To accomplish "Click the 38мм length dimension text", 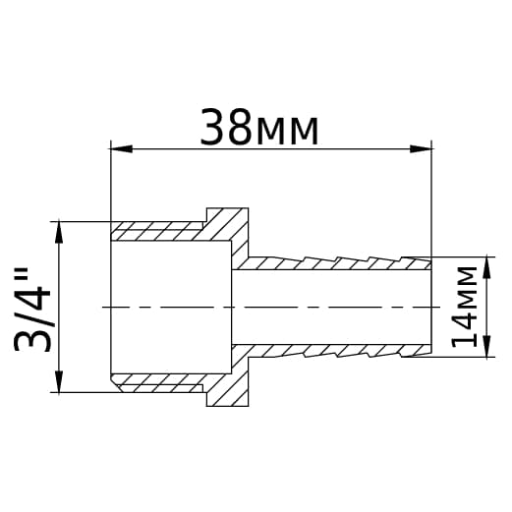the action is (x=259, y=127).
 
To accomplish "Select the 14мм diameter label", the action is (x=465, y=307).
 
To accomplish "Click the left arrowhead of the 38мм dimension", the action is (x=121, y=149).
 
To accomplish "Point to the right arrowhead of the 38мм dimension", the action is (x=421, y=149).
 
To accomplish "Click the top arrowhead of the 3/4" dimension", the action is (x=59, y=232).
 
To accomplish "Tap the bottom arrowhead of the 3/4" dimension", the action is (x=59, y=381).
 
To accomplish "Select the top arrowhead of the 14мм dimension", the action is (x=488, y=267).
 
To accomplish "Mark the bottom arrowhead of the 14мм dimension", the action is (x=488, y=346).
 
